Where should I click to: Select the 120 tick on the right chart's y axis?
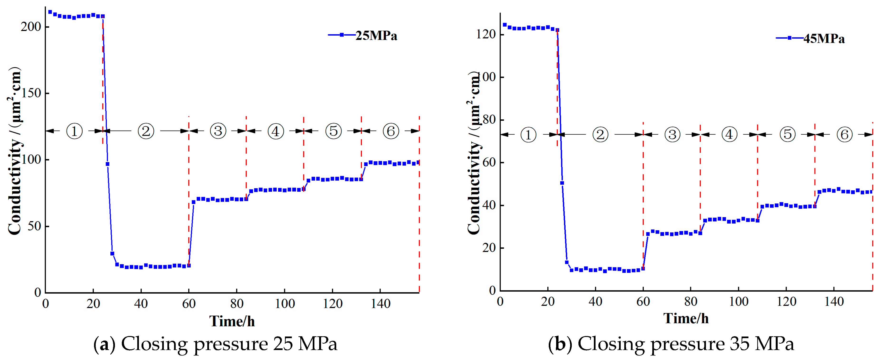coord(486,34)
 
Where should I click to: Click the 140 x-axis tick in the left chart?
coord(380,303)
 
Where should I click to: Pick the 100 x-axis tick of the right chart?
coord(738,301)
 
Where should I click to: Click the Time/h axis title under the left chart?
coord(232,321)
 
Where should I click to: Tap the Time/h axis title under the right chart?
coord(686,318)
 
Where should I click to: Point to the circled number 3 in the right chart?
coord(672,135)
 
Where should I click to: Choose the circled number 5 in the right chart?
coord(787,134)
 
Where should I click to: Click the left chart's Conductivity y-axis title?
coord(14,150)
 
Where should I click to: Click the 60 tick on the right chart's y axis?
coord(489,162)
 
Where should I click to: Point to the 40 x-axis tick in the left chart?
coord(141,303)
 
